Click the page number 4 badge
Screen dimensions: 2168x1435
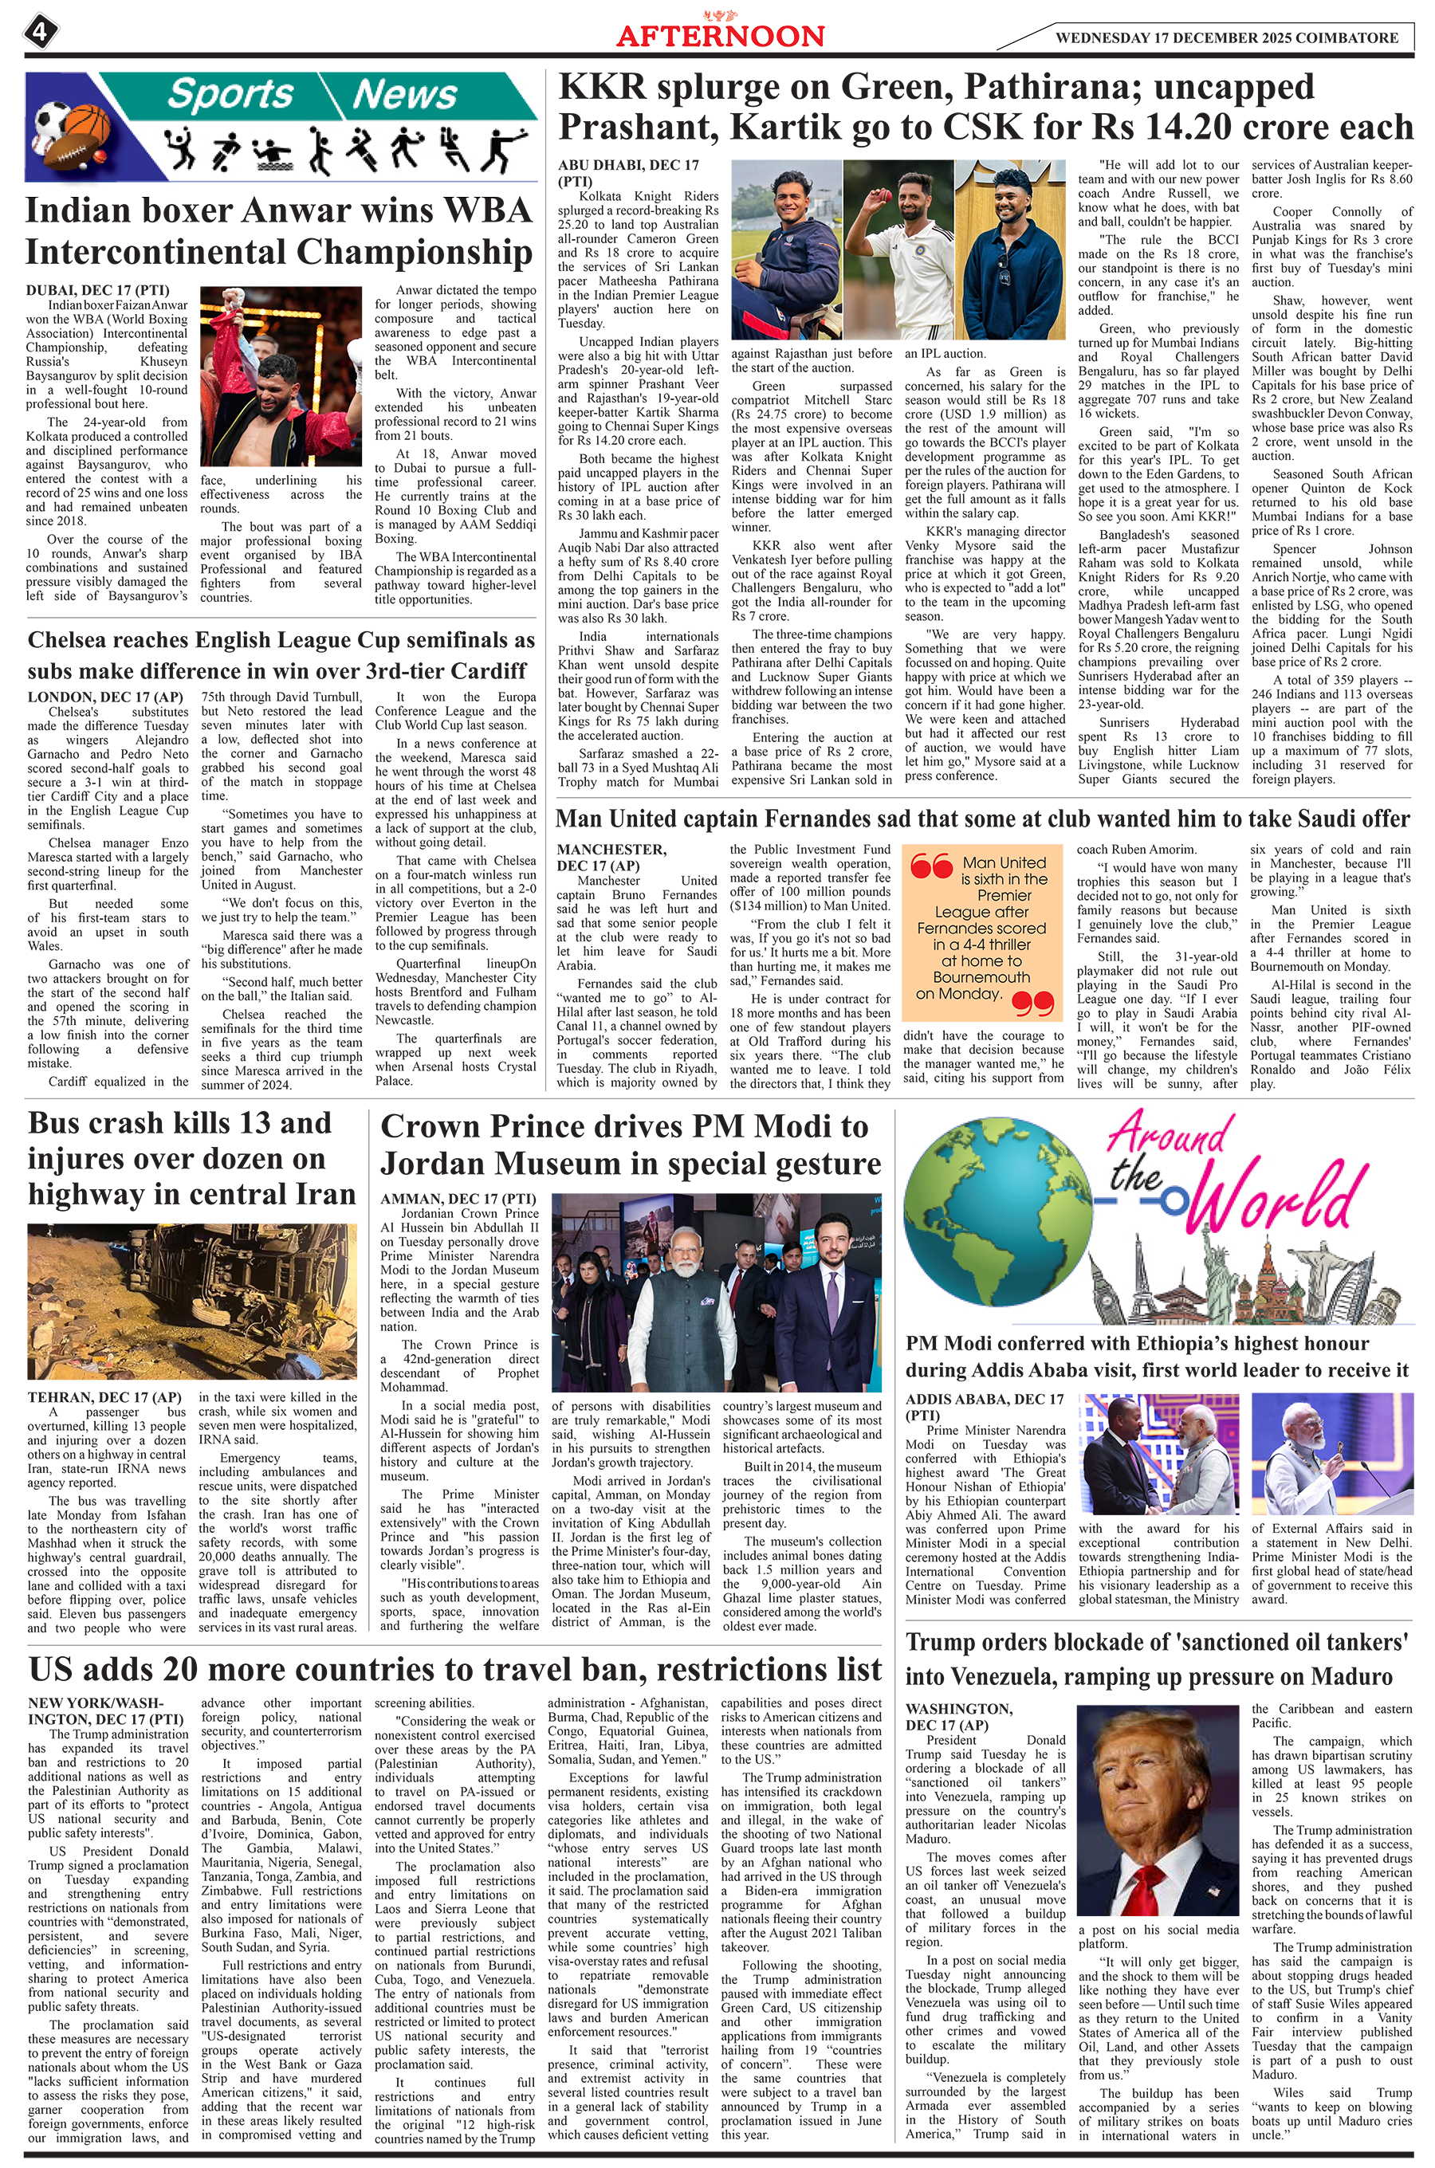tap(41, 33)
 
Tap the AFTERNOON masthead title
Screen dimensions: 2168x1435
tap(720, 37)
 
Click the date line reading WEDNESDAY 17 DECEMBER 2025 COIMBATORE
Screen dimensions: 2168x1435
tap(1226, 38)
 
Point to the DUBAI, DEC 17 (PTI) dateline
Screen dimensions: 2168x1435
tap(97, 290)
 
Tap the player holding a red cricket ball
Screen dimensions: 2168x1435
tap(898, 249)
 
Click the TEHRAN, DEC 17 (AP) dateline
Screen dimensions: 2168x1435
tap(104, 1397)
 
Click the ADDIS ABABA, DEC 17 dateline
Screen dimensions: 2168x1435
tap(984, 1399)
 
